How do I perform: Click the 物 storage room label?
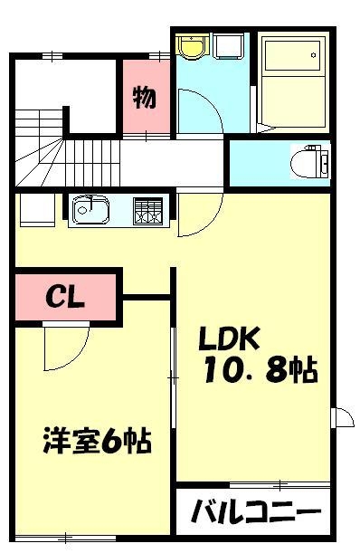coord(146,97)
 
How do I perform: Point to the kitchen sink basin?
coord(90,211)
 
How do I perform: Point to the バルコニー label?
coord(255,513)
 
